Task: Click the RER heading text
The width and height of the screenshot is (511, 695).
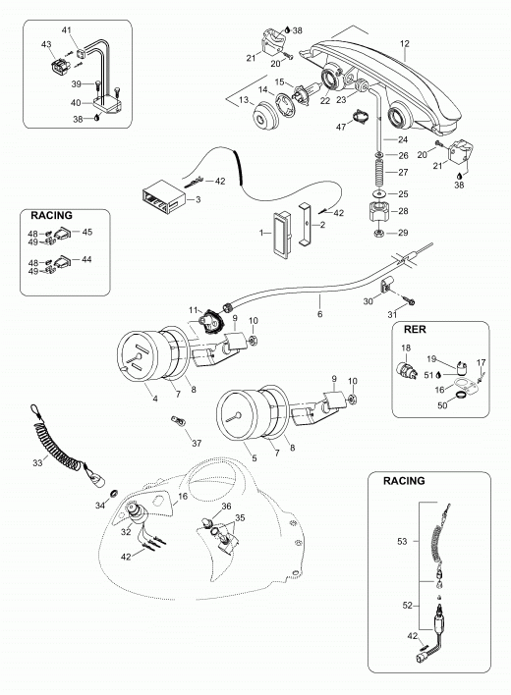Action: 415,329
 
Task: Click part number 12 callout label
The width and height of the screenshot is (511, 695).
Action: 405,44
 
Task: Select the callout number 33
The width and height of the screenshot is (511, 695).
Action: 37,462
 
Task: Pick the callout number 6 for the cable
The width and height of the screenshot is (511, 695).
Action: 319,314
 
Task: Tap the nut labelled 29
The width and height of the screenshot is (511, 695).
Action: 379,233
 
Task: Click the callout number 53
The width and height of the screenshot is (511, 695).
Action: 402,541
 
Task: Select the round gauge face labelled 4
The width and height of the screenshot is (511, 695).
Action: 139,354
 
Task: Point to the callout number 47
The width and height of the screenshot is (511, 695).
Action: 341,128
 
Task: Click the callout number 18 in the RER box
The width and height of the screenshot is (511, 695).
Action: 406,348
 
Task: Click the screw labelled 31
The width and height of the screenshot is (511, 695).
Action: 409,301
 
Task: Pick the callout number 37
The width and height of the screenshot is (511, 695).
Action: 197,443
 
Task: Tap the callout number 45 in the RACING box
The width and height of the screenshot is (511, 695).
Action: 87,232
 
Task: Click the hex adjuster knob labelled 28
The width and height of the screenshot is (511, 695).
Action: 379,211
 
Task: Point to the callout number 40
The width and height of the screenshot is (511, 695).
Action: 76,103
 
